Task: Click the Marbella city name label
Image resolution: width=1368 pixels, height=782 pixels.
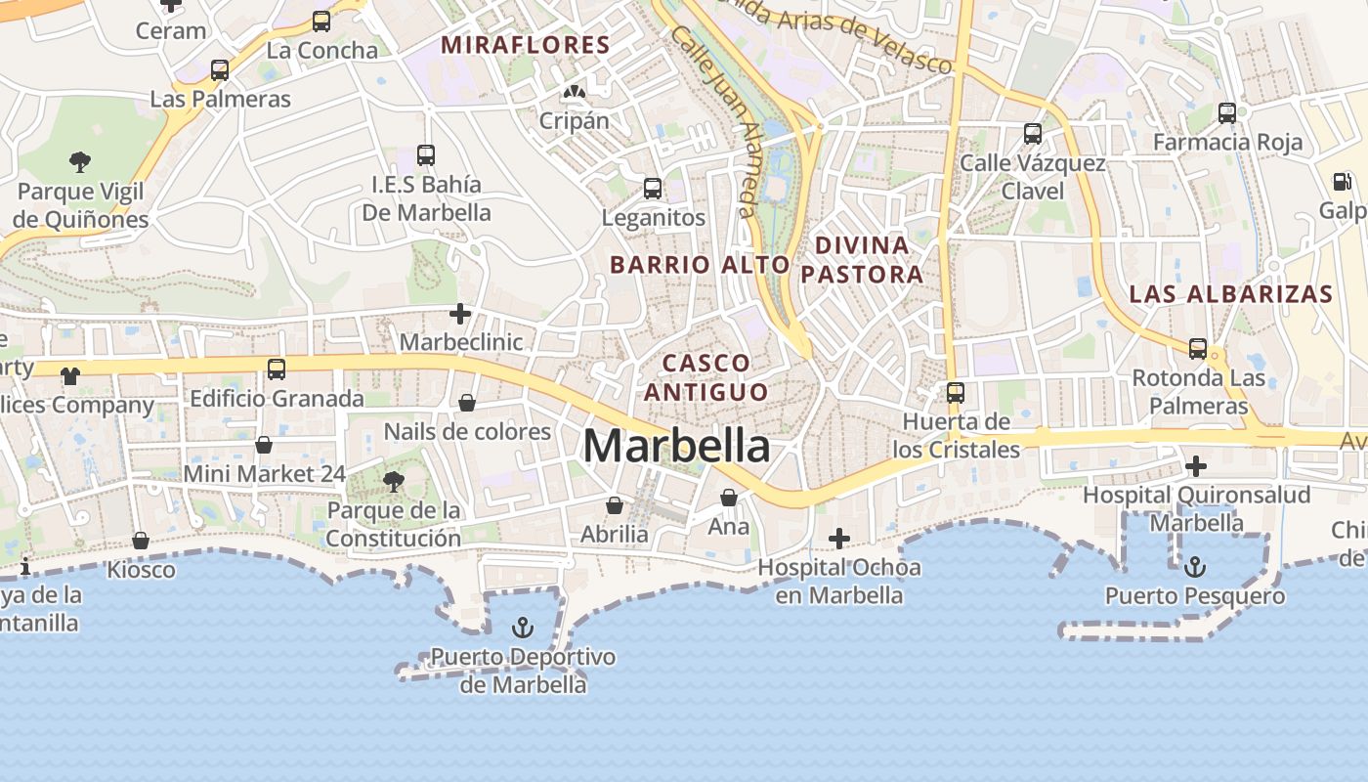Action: pos(676,447)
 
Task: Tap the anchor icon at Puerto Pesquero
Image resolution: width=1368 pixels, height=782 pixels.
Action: pos(1194,567)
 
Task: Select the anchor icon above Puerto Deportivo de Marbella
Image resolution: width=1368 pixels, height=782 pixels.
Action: pos(524,628)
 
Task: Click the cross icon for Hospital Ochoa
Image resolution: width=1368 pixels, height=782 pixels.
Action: pos(838,539)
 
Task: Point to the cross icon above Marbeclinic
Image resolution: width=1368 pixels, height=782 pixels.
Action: pos(460,314)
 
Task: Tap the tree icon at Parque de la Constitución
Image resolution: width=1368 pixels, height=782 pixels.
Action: pos(394,481)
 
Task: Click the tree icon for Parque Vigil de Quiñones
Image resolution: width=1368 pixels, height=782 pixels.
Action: pos(80,162)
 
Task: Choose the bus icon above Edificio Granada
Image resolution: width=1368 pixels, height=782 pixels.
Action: pos(277,369)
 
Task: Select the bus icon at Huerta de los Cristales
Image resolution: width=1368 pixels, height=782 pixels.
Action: pos(955,393)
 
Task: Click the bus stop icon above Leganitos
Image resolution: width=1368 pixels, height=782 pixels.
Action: pos(652,189)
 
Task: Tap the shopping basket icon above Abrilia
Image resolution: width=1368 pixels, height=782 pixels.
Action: pos(614,505)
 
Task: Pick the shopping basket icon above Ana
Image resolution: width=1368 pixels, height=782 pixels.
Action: pos(728,498)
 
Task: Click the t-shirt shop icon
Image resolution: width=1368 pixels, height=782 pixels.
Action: pos(69,375)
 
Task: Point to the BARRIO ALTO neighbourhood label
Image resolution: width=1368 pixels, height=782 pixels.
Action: pos(700,265)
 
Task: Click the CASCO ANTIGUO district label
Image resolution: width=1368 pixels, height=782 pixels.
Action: pos(705,377)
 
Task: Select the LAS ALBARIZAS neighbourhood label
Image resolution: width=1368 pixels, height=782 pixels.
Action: pos(1230,294)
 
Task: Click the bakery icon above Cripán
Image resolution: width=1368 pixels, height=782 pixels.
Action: pos(574,93)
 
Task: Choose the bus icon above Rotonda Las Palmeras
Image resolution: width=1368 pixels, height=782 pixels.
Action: pos(1197,349)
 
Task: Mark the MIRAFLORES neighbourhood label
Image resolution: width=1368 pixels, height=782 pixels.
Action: pos(525,45)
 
